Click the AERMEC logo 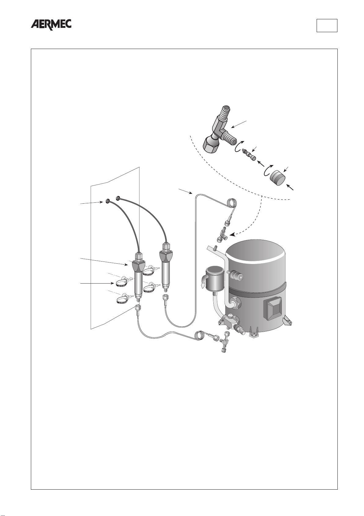tap(51, 24)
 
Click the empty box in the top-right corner tap(327, 25)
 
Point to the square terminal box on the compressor tap(274, 308)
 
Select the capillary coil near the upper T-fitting tap(231, 203)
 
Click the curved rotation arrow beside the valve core tap(238, 146)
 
